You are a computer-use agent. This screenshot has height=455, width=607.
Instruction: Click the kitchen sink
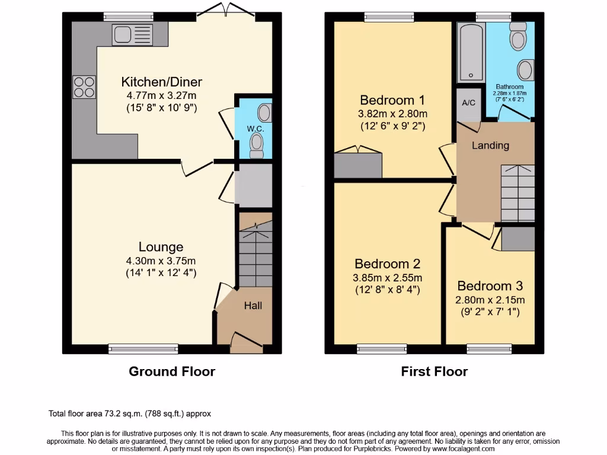tap(132, 35)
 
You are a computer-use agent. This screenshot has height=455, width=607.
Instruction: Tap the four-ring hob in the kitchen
tap(84, 87)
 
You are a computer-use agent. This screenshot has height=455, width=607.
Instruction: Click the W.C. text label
tap(255, 127)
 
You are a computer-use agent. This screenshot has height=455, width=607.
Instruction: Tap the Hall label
tap(253, 306)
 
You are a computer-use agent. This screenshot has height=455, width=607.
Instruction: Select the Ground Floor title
tap(172, 371)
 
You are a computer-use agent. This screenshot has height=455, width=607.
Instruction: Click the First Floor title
tap(434, 371)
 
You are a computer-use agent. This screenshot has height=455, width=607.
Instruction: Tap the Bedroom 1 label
tap(392, 100)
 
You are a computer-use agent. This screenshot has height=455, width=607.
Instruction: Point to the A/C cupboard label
tap(468, 102)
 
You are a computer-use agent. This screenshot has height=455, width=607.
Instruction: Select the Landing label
tap(490, 145)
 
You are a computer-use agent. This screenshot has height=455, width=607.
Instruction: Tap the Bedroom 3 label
tap(489, 286)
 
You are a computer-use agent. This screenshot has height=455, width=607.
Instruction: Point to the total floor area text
tap(129, 414)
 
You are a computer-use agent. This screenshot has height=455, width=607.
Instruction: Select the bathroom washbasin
tap(525, 70)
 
